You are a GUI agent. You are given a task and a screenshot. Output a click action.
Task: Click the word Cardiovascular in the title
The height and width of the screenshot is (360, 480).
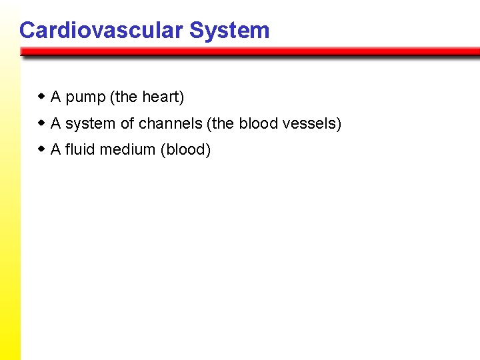point(101,31)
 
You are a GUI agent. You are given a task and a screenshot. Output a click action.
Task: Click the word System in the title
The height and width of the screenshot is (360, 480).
point(229,31)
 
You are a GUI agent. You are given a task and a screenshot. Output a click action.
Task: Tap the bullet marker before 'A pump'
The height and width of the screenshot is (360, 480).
point(42,97)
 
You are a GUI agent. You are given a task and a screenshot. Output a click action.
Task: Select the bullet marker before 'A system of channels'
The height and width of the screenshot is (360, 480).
point(42,123)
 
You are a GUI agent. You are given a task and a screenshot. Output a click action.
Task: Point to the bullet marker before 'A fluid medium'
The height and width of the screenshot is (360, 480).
point(42,149)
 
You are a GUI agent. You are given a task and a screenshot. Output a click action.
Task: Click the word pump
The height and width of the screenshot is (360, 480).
point(85,98)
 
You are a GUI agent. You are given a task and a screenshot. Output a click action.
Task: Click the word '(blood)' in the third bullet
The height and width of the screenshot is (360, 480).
point(186,150)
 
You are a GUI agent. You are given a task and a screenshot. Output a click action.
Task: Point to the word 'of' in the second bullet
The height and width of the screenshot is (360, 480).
point(127,123)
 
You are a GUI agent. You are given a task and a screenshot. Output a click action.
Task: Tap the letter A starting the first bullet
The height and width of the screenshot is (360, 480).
point(56,97)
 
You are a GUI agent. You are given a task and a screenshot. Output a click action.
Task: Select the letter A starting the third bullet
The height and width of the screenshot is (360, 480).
point(56,149)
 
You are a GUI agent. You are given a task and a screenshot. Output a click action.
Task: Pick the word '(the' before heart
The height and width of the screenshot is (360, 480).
point(125,97)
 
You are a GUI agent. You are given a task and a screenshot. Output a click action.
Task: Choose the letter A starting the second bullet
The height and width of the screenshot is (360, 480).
point(56,123)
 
